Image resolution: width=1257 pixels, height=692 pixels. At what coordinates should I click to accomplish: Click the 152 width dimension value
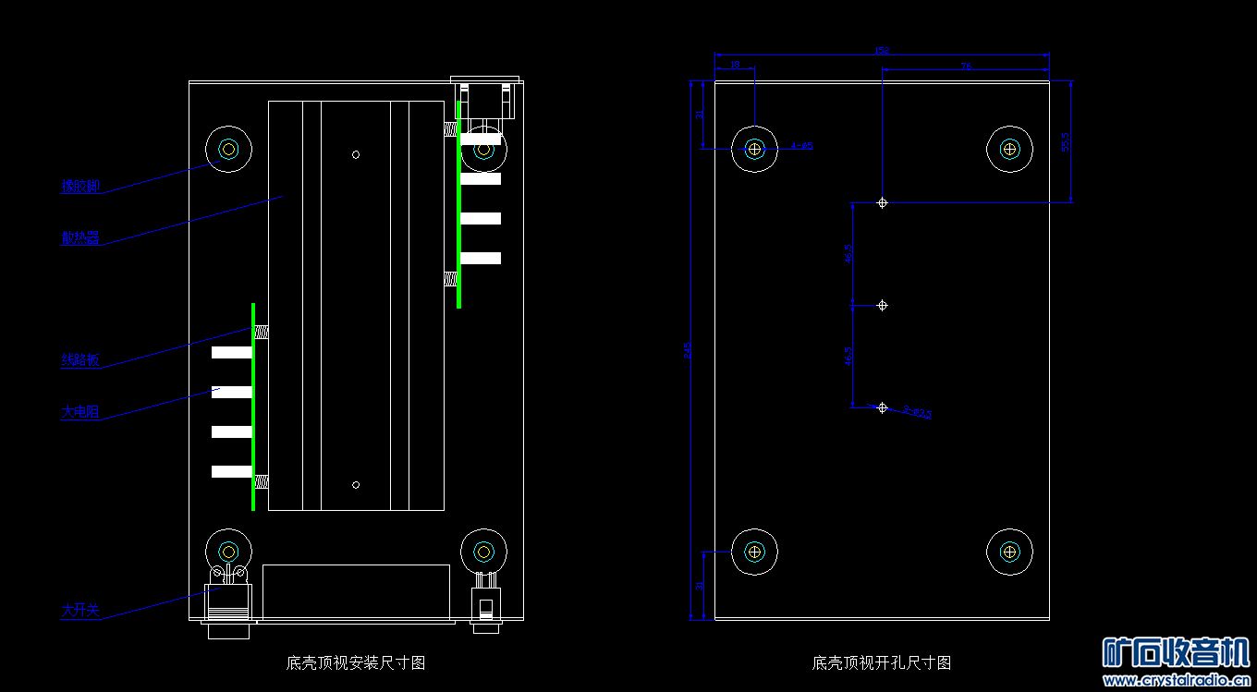(882, 51)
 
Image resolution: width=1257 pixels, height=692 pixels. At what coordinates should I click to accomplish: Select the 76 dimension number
(966, 66)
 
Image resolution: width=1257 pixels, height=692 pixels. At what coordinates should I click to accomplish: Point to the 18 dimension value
(735, 65)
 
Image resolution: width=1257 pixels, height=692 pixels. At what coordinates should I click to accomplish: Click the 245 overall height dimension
(688, 351)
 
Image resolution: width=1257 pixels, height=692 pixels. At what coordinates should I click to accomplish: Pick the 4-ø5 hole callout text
(801, 146)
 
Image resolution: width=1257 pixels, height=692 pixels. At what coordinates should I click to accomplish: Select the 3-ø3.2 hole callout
(917, 413)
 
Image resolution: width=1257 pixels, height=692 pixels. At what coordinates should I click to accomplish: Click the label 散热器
(79, 237)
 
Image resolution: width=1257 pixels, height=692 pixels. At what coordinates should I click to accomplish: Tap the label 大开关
(79, 611)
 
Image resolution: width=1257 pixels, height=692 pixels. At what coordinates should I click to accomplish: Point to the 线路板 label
(79, 360)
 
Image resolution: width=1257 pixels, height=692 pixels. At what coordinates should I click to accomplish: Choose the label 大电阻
(79, 412)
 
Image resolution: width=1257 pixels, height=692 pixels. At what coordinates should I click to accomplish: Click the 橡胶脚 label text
(79, 186)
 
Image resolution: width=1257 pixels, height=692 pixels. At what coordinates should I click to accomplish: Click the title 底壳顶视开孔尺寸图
(881, 662)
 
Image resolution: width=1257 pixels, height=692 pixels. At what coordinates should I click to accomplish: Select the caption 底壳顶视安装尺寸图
(356, 662)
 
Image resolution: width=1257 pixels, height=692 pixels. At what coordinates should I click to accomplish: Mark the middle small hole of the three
(882, 305)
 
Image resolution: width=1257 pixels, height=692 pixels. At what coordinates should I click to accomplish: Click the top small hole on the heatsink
(356, 154)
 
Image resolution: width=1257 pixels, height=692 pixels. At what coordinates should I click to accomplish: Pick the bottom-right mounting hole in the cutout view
(1009, 552)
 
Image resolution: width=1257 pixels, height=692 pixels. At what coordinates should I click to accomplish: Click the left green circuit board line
(253, 407)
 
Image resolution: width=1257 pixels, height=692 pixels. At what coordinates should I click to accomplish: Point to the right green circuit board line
(458, 205)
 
